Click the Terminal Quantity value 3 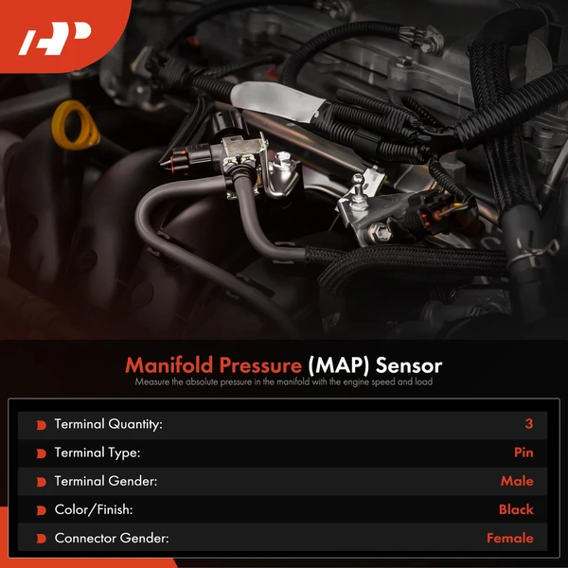[x=529, y=424]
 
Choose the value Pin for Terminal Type [x=524, y=453]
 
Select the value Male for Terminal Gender [x=517, y=481]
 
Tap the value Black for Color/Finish [x=516, y=509]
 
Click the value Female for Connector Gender [x=510, y=538]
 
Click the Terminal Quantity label [x=109, y=424]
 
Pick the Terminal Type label [x=98, y=453]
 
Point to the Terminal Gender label [x=106, y=481]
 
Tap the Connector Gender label [x=110, y=538]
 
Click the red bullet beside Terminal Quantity [x=41, y=425]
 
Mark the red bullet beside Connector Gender [x=41, y=539]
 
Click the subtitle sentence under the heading [x=283, y=382]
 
